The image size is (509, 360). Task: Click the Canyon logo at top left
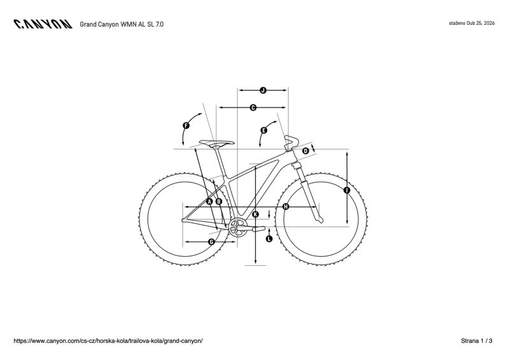[43, 24]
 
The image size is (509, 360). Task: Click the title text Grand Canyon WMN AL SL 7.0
[122, 24]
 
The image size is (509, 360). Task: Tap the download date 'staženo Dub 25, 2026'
[471, 24]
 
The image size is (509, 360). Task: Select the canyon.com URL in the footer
[108, 341]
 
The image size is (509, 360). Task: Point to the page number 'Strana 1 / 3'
[477, 341]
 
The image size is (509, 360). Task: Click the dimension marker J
[263, 90]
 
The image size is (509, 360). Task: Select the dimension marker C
[253, 107]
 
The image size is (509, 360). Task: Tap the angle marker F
[186, 126]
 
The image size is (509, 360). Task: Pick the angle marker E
[264, 130]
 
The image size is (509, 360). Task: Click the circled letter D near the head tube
[305, 151]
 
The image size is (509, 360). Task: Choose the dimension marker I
[347, 190]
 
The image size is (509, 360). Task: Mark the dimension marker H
[286, 207]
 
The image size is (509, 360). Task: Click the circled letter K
[256, 214]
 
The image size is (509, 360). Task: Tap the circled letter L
[269, 239]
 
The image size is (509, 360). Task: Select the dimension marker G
[211, 242]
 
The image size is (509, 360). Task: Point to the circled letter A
[209, 202]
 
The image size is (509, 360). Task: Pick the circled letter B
[219, 202]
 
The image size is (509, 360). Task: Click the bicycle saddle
[216, 142]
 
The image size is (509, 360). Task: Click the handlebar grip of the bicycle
[292, 141]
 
